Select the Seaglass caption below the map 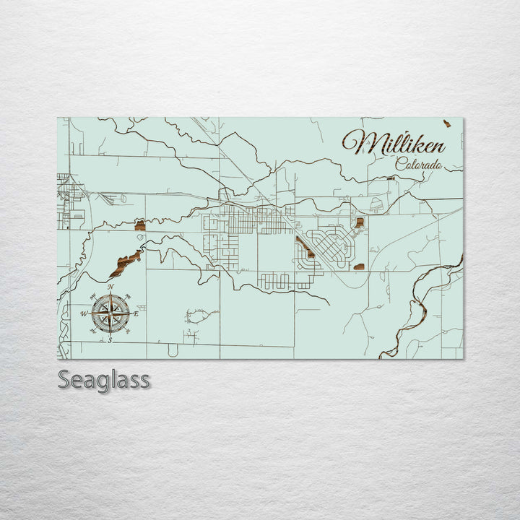[104, 379]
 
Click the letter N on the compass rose [110, 287]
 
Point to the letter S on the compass [110, 340]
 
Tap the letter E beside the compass [136, 313]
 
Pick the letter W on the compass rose [84, 313]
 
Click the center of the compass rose [110, 313]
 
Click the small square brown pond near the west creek [140, 225]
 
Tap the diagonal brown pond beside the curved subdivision [305, 248]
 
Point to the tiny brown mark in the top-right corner [447, 123]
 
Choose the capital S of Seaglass [64, 379]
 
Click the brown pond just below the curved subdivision [359, 266]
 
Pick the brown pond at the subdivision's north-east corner [359, 222]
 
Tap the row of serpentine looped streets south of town [285, 280]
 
